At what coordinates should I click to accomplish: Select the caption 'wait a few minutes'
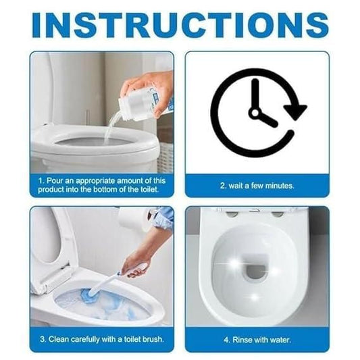[257, 184]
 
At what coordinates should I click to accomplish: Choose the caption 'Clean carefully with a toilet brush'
[101, 338]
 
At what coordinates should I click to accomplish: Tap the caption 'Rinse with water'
[257, 338]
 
